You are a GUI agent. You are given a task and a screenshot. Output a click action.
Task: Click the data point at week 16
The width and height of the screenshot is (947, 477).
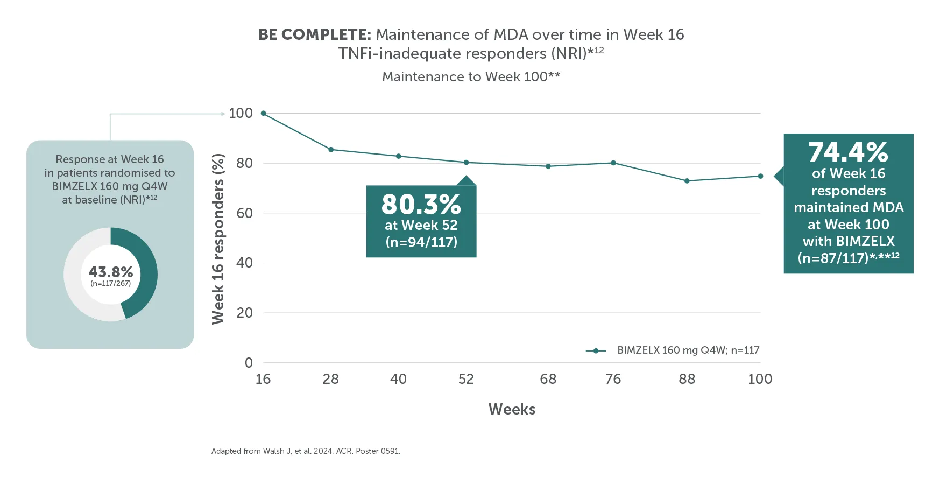click(x=263, y=114)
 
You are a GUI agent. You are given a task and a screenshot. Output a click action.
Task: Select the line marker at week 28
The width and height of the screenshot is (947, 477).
click(x=331, y=150)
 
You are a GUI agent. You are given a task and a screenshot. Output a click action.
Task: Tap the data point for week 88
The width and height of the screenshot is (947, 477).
click(x=687, y=181)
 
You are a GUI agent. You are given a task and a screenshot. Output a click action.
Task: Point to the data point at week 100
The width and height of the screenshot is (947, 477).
click(x=760, y=176)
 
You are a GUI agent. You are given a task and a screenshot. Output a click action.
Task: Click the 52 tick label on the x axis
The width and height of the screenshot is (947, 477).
click(x=466, y=379)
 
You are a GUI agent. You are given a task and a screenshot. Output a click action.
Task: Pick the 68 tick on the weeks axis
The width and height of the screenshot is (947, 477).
click(x=548, y=379)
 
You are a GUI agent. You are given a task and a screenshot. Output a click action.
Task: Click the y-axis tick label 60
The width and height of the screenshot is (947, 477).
click(x=244, y=213)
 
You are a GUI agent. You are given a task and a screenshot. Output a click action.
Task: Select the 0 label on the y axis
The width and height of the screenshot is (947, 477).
click(x=249, y=363)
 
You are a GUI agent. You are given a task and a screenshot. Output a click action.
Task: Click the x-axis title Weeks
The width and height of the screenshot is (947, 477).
click(x=512, y=409)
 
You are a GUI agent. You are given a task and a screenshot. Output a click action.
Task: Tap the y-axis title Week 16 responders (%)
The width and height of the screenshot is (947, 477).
click(x=218, y=239)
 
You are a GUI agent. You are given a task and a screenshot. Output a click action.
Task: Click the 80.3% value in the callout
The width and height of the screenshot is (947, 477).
click(x=421, y=205)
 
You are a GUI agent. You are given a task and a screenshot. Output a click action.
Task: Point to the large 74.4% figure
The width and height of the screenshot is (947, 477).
click(x=848, y=152)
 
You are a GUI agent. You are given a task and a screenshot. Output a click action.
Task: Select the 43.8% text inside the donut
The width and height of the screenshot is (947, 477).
click(x=110, y=272)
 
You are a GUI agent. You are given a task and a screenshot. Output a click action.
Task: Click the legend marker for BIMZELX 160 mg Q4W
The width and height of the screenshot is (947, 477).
click(x=596, y=351)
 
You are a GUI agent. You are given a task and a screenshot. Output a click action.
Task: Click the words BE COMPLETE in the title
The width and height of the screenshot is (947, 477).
click(x=315, y=34)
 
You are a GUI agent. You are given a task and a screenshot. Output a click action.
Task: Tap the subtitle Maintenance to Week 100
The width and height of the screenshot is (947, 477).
click(x=471, y=76)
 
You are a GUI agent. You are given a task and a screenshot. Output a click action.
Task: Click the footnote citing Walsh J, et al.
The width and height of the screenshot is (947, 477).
click(x=306, y=451)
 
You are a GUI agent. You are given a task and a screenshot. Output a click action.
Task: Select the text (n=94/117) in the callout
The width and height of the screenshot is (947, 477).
click(x=421, y=242)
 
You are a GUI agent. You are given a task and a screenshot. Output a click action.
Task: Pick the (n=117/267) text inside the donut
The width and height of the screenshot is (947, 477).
click(x=110, y=283)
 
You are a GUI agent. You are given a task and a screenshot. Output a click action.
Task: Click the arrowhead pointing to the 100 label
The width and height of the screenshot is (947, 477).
click(x=223, y=114)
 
